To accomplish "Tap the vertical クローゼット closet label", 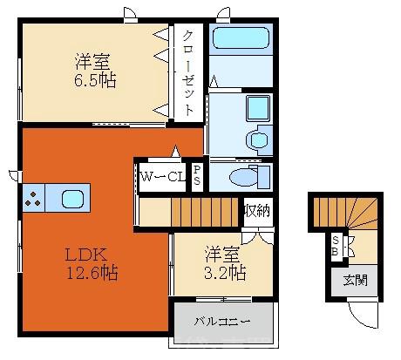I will click(188, 69).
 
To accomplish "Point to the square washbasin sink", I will click(257, 109).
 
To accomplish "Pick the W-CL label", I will click(163, 178).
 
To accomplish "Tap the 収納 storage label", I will click(256, 211).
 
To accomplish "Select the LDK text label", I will click(87, 255).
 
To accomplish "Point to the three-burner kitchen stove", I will click(32, 198).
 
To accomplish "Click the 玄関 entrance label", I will click(354, 281).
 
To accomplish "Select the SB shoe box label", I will click(336, 247).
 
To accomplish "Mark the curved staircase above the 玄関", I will click(347, 214).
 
